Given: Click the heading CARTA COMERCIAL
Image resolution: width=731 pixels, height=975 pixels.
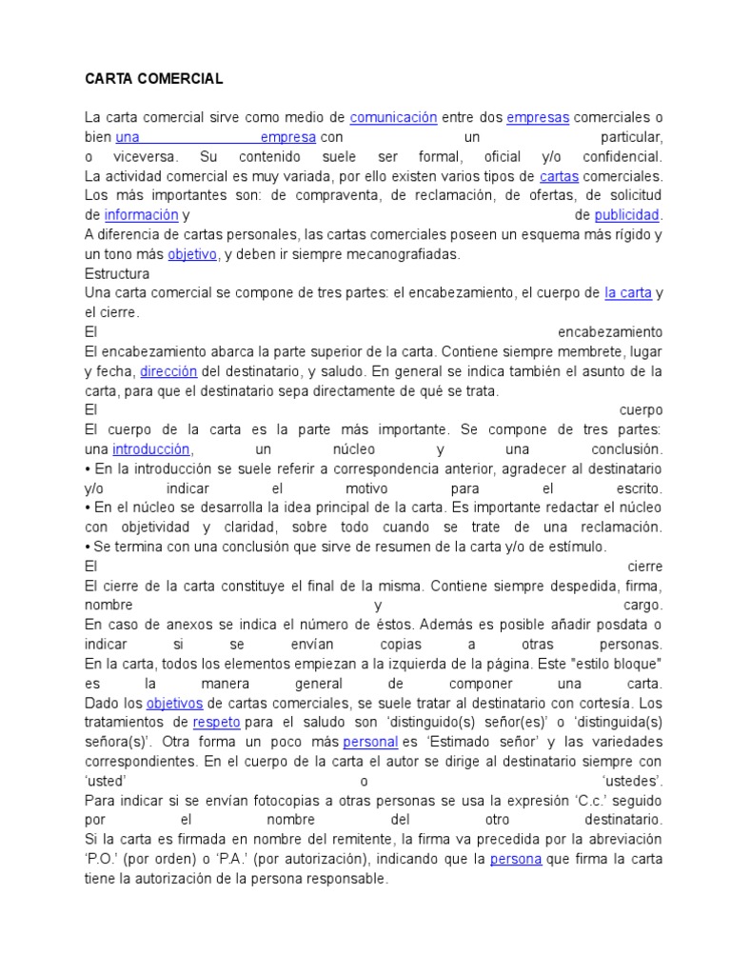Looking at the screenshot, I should [x=153, y=78].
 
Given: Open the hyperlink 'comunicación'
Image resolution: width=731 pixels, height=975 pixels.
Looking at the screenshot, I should [x=393, y=117].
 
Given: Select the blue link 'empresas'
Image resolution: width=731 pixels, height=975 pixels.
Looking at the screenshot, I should [x=538, y=117].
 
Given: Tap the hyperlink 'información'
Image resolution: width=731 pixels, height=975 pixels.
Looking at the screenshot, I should [x=141, y=215].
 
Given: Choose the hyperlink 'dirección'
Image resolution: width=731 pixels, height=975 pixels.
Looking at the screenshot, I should [x=171, y=371].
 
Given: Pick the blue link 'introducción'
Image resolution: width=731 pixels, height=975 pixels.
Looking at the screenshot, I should [x=151, y=449].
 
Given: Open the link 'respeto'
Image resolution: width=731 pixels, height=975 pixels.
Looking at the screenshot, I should [x=215, y=723].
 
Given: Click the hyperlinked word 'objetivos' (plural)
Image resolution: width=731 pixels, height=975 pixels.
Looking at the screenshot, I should [x=174, y=704].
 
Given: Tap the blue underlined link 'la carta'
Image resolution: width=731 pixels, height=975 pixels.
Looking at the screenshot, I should [x=628, y=293].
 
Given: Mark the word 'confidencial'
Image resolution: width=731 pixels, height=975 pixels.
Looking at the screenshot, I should [x=619, y=156].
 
